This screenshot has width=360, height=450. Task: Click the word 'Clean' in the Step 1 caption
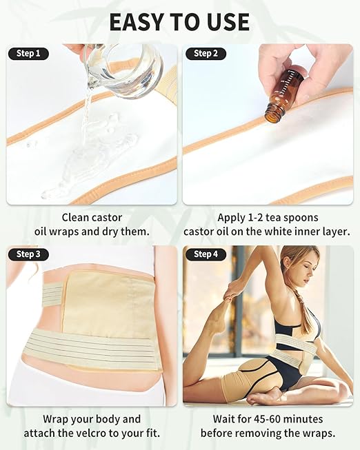click(77, 216)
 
